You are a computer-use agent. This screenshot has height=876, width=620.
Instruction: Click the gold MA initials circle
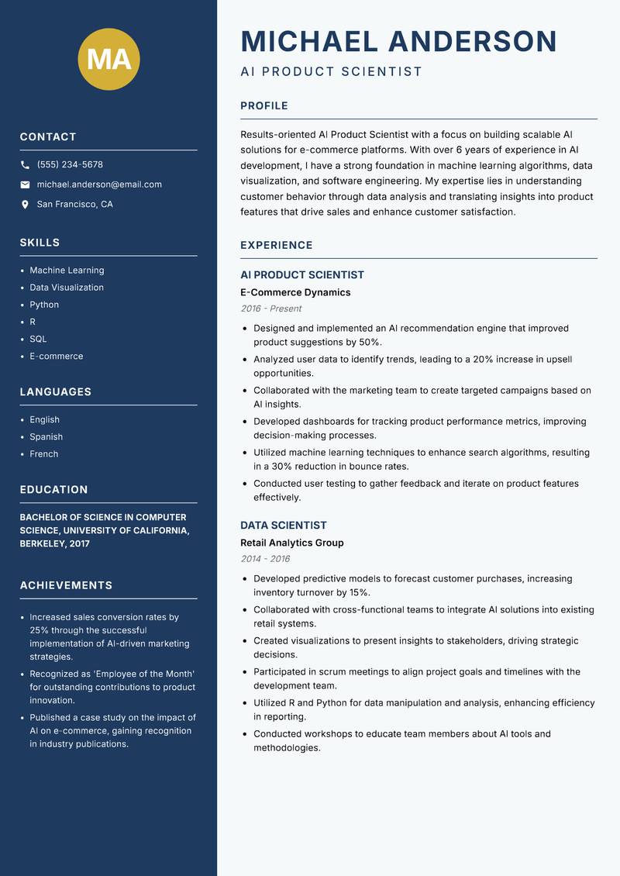pyautogui.click(x=108, y=58)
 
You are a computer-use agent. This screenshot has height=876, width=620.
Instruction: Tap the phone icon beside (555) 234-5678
pyautogui.click(x=25, y=165)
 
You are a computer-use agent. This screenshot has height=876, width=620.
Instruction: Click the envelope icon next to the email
pyautogui.click(x=25, y=185)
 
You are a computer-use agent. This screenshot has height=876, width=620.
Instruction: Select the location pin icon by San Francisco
pyautogui.click(x=25, y=205)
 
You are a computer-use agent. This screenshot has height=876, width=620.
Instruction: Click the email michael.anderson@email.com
pyautogui.click(x=99, y=185)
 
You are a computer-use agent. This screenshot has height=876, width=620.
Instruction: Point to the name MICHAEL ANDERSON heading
pyautogui.click(x=398, y=41)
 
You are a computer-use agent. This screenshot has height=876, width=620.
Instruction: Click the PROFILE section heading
pyautogui.click(x=263, y=106)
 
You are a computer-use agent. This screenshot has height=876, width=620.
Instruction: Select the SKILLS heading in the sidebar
pyautogui.click(x=40, y=243)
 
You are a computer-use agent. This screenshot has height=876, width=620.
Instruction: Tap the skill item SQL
pyautogui.click(x=38, y=339)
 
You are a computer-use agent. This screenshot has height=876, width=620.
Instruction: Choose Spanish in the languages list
pyautogui.click(x=46, y=436)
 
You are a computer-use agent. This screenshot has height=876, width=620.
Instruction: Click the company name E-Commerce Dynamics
pyautogui.click(x=295, y=292)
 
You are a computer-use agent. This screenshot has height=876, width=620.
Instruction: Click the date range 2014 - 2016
pyautogui.click(x=264, y=559)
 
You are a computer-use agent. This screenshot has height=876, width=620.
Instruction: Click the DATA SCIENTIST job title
pyautogui.click(x=283, y=525)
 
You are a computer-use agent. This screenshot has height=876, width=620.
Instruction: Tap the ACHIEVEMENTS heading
pyautogui.click(x=66, y=585)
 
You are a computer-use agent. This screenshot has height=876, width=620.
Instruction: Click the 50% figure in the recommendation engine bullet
pyautogui.click(x=370, y=342)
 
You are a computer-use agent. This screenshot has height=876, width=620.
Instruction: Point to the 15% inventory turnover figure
pyautogui.click(x=358, y=592)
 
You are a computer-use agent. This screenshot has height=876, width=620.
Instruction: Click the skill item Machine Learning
pyautogui.click(x=67, y=271)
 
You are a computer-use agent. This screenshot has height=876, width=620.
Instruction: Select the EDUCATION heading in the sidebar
pyautogui.click(x=53, y=490)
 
